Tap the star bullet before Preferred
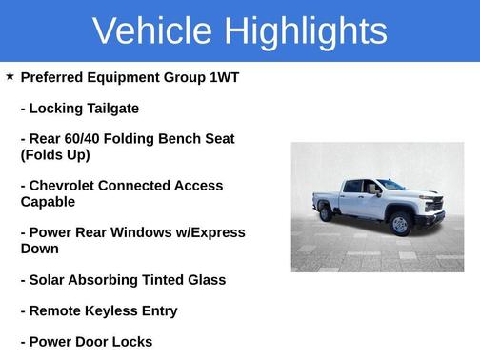pyautogui.click(x=10, y=75)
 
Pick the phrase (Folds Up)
pyautogui.click(x=55, y=155)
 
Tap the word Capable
pyautogui.click(x=48, y=202)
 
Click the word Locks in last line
pyautogui.click(x=130, y=342)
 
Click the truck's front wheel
pyautogui.click(x=401, y=224)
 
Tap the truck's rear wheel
pyautogui.click(x=326, y=212)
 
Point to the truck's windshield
pyautogui.click(x=391, y=186)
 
